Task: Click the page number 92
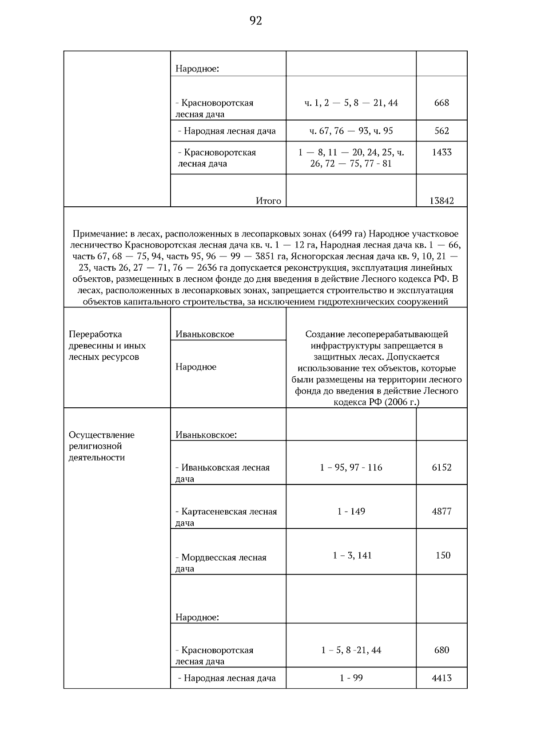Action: (x=256, y=21)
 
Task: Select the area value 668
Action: (x=442, y=103)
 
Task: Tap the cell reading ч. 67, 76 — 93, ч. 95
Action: (x=351, y=131)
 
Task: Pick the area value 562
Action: (x=442, y=131)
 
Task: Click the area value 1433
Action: (x=442, y=153)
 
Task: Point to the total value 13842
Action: (x=442, y=201)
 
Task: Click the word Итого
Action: (x=268, y=201)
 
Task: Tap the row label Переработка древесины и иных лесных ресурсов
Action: (x=107, y=346)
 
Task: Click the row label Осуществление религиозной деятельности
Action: (x=101, y=446)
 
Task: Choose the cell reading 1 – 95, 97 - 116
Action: (x=351, y=468)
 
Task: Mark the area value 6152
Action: (x=442, y=468)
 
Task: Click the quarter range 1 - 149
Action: (x=351, y=512)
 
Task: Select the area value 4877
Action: (x=442, y=512)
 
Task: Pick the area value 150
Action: (x=443, y=556)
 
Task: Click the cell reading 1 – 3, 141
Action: (x=352, y=556)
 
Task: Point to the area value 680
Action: (x=442, y=650)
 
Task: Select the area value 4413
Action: (x=442, y=678)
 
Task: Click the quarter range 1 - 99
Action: (x=351, y=678)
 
